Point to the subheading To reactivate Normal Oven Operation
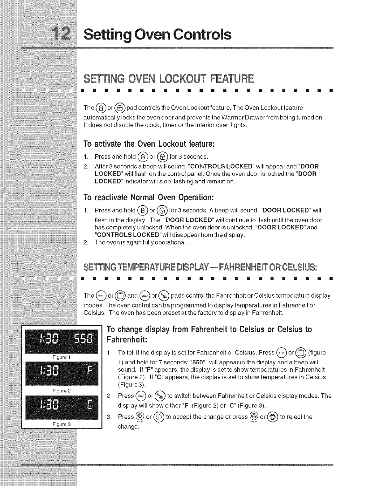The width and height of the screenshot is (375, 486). (x=149, y=197)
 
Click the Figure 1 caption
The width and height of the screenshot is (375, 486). (x=62, y=358)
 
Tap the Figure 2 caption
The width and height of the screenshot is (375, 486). (x=62, y=391)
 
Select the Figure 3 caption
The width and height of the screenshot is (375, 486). (x=62, y=424)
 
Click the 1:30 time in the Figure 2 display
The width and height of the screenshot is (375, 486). (x=45, y=374)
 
